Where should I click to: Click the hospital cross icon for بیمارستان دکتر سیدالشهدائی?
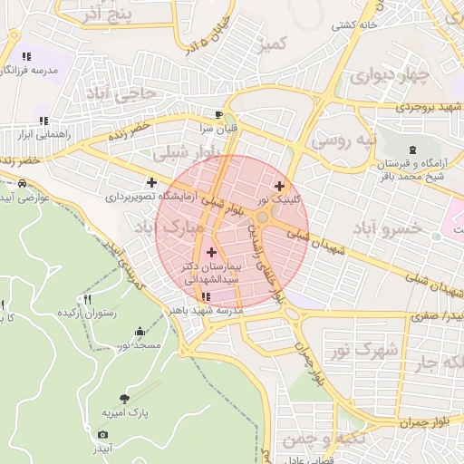212,252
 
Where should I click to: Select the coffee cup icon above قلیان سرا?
218,114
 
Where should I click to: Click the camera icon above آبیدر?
102,434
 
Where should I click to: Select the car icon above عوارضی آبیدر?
21,182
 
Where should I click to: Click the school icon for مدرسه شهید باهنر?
207,296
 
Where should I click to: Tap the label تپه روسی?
342,141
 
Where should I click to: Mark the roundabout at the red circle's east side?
264,217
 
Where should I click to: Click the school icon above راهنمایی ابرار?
43,121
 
